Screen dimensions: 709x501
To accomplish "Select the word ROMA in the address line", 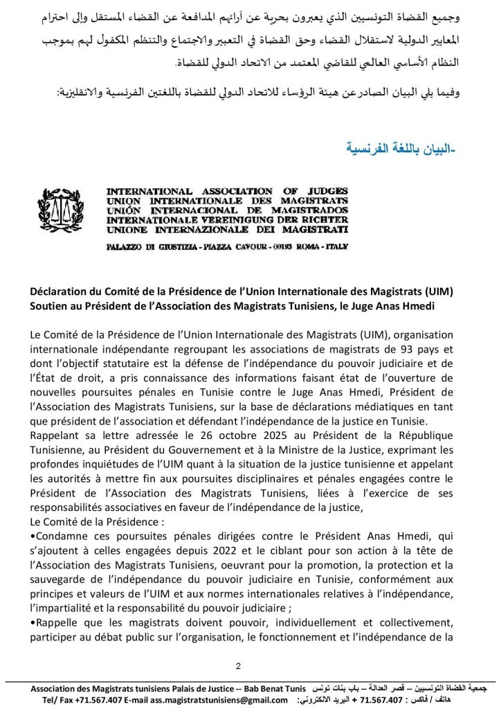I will pyautogui.click(x=308, y=246).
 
